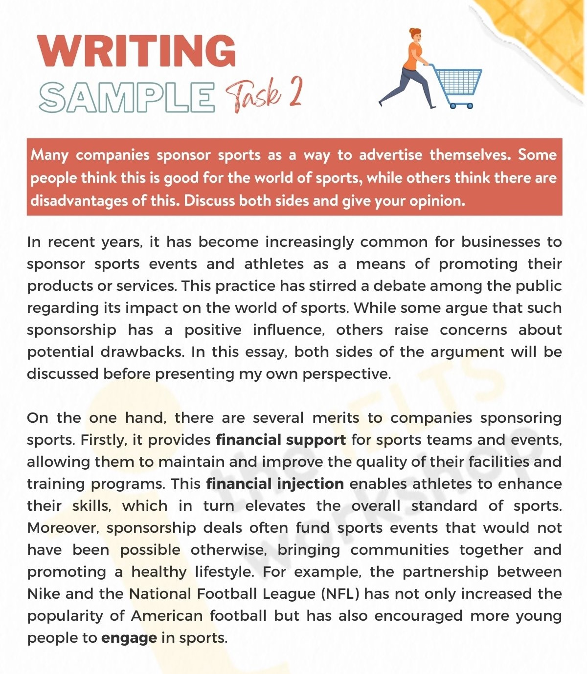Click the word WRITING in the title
(x=137, y=50)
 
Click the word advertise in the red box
(x=390, y=155)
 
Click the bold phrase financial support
(x=281, y=440)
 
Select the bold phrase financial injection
(x=275, y=484)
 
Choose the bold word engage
(x=129, y=638)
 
